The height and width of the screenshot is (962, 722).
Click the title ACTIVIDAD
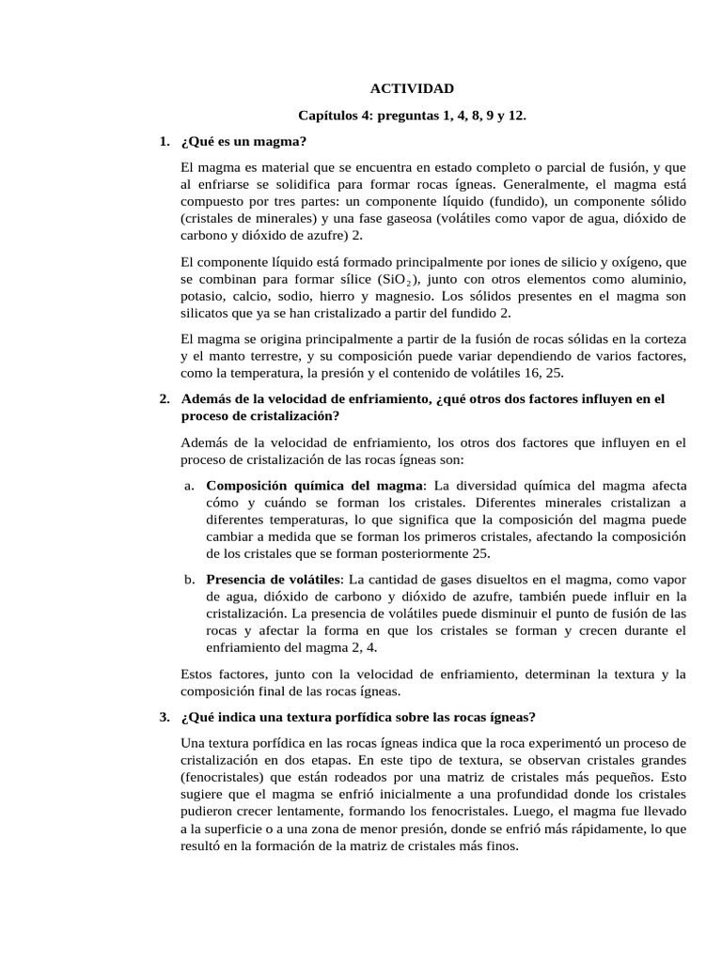pos(412,89)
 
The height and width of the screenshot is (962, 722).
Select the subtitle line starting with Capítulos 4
pos(412,116)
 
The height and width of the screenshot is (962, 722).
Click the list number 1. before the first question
pos(165,142)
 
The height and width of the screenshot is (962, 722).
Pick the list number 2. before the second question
pos(165,399)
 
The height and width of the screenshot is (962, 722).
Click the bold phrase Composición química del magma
pos(315,486)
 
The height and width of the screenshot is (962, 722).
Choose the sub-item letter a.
pos(189,486)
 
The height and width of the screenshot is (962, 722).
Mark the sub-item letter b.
pos(189,579)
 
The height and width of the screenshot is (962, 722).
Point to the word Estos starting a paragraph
pos(198,674)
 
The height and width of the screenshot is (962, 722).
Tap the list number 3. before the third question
pos(165,717)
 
